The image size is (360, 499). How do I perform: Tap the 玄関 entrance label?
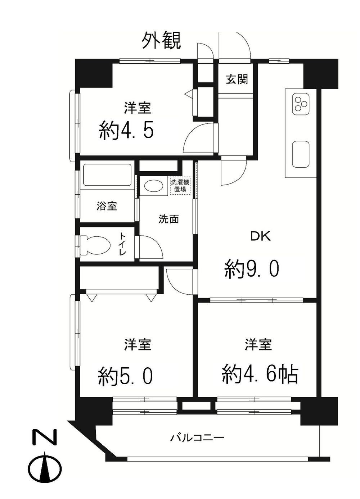coord(237,79)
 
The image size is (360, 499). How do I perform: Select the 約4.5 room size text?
coord(127,130)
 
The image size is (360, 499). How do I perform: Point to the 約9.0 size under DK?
coord(252,269)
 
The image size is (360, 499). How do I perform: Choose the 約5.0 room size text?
coord(126,376)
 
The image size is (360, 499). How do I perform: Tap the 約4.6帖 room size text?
coord(260,374)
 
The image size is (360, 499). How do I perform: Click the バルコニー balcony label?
coord(197,438)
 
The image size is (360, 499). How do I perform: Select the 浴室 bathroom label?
coord(107,207)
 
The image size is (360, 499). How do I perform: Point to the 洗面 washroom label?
coord(169,219)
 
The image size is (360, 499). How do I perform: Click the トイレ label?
coord(123,244)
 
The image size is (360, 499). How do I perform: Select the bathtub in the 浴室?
coord(107,175)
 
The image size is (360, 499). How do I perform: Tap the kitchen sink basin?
coord(301,154)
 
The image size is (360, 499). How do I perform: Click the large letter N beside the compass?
coord(45,437)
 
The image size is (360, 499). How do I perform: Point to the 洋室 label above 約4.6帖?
coord(258,345)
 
